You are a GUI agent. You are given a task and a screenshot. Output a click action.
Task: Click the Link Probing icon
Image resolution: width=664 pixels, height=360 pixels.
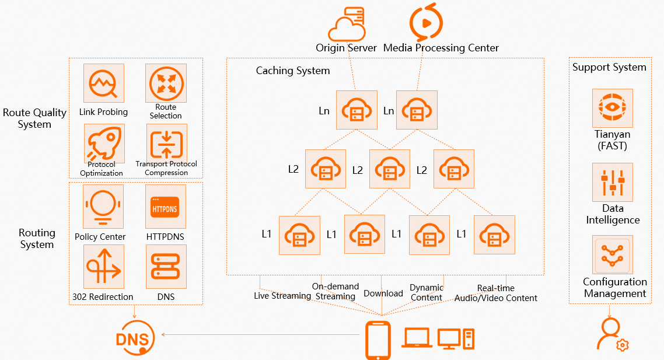pyautogui.click(x=104, y=84)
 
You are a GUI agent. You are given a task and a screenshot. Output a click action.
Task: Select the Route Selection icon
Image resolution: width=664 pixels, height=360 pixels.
pyautogui.click(x=166, y=83)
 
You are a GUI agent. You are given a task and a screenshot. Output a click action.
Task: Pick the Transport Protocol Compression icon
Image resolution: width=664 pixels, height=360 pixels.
pyautogui.click(x=166, y=144)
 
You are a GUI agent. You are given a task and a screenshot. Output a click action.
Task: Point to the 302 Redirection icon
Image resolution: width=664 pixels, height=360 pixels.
pyautogui.click(x=104, y=266)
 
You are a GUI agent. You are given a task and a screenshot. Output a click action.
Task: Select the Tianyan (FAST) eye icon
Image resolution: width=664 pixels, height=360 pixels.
pyautogui.click(x=612, y=108)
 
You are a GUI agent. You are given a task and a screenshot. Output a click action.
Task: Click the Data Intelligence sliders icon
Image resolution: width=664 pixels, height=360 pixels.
pyautogui.click(x=612, y=183)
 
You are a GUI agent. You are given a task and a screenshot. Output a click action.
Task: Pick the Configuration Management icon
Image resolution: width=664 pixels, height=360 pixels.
pyautogui.click(x=613, y=255)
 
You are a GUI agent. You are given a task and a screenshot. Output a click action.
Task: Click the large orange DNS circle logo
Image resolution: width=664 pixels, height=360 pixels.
pyautogui.click(x=135, y=337)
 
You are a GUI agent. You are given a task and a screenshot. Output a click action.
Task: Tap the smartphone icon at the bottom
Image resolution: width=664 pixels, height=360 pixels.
pyautogui.click(x=378, y=340)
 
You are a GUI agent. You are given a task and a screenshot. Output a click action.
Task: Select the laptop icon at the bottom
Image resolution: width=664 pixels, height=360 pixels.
pyautogui.click(x=417, y=338)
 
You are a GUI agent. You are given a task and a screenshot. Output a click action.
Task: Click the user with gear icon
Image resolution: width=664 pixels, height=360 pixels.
pyautogui.click(x=611, y=335)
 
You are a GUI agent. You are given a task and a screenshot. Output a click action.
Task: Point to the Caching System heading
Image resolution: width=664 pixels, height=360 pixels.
pyautogui.click(x=293, y=71)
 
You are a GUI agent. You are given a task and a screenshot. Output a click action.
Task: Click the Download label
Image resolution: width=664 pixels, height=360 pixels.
pyautogui.click(x=383, y=293)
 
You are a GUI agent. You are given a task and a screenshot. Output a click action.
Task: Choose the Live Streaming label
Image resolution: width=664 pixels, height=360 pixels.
pyautogui.click(x=282, y=296)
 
